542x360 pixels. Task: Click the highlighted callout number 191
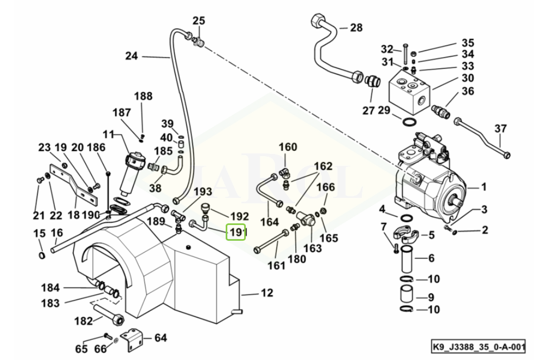(237, 232)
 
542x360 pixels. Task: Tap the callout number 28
(355, 28)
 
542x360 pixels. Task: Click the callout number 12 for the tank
(266, 293)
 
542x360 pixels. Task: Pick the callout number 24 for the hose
(131, 55)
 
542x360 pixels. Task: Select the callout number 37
(500, 128)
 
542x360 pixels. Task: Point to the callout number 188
(143, 96)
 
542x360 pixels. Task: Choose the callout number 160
(288, 147)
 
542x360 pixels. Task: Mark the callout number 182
(84, 321)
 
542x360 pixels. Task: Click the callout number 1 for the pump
(483, 188)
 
